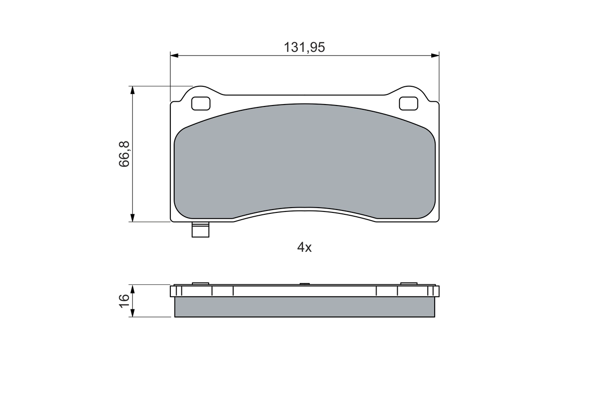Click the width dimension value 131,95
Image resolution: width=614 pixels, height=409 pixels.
[305, 47]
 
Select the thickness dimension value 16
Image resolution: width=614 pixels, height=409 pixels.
[124, 301]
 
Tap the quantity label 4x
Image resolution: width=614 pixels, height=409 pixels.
[305, 247]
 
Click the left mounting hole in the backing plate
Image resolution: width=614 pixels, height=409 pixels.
[201, 103]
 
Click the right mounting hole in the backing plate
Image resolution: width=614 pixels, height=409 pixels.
[409, 103]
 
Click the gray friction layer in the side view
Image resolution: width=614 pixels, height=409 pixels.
[305, 307]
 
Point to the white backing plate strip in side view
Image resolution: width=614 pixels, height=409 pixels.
[305, 291]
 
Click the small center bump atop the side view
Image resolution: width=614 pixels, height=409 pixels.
[305, 284]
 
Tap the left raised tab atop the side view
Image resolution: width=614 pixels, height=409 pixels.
[201, 283]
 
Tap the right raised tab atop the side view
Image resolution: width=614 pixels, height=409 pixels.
[409, 283]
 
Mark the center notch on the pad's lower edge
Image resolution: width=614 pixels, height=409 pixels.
[305, 208]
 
